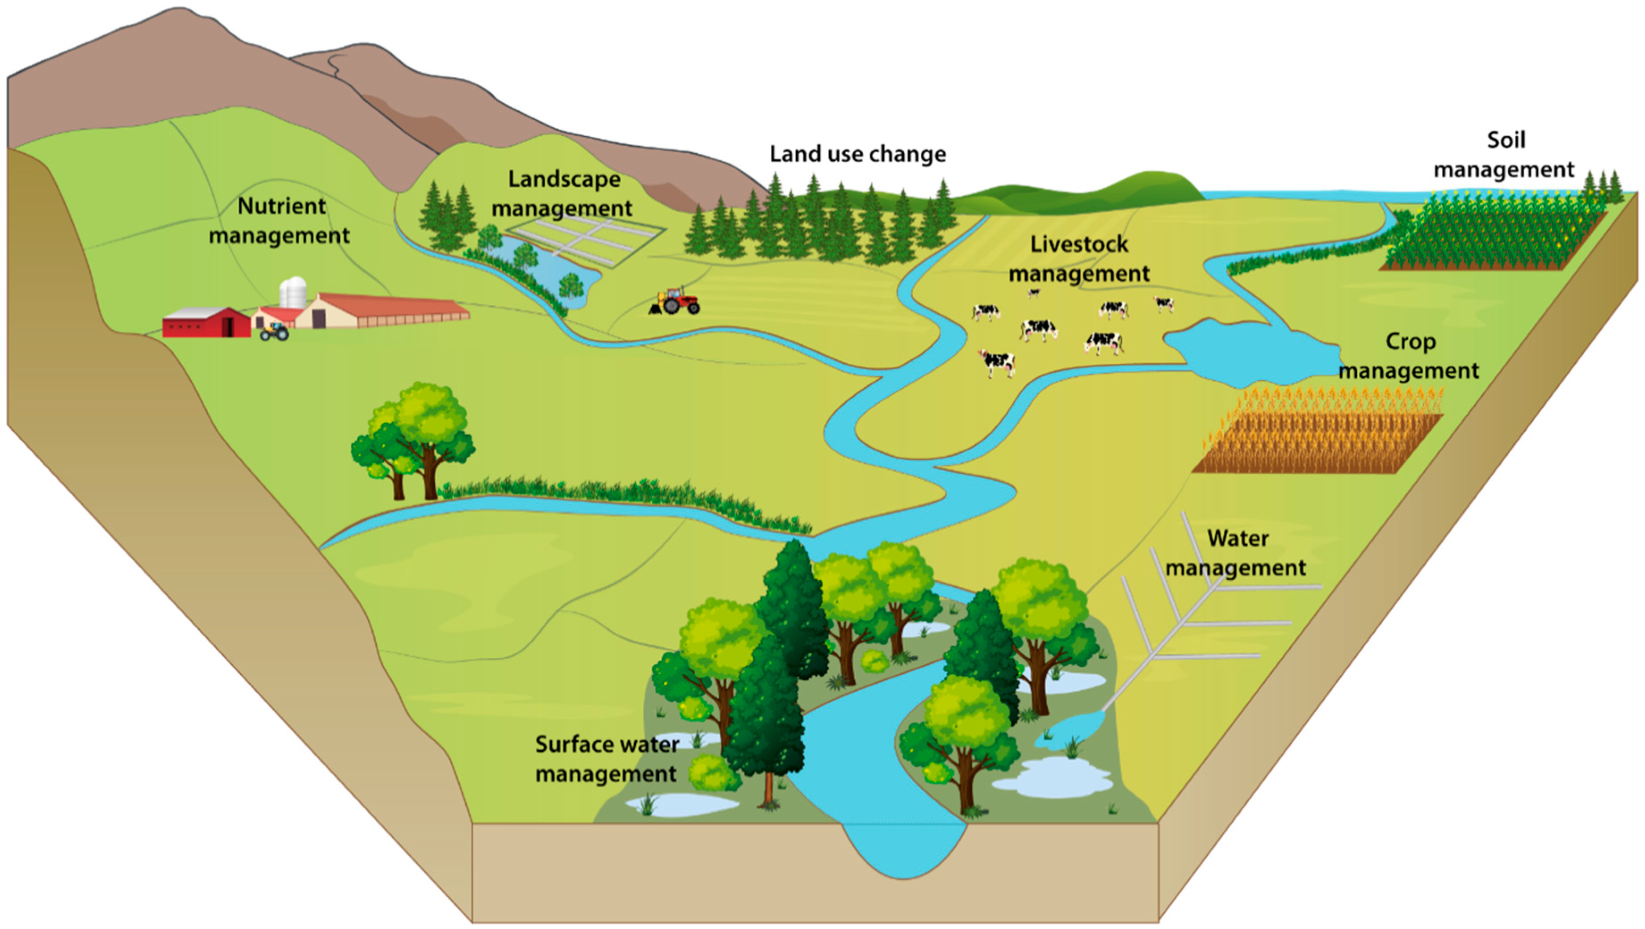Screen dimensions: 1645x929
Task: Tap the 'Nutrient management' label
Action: point(280,221)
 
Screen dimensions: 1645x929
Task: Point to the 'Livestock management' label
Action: point(1079,259)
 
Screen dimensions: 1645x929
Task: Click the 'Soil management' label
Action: point(1505,155)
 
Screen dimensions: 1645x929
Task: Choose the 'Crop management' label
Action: point(1410,356)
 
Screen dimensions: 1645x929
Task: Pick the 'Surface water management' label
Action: point(607,758)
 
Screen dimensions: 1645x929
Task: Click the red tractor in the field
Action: point(677,301)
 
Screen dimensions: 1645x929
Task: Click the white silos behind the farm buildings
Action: point(293,292)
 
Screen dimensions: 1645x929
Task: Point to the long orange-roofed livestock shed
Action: point(390,311)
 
